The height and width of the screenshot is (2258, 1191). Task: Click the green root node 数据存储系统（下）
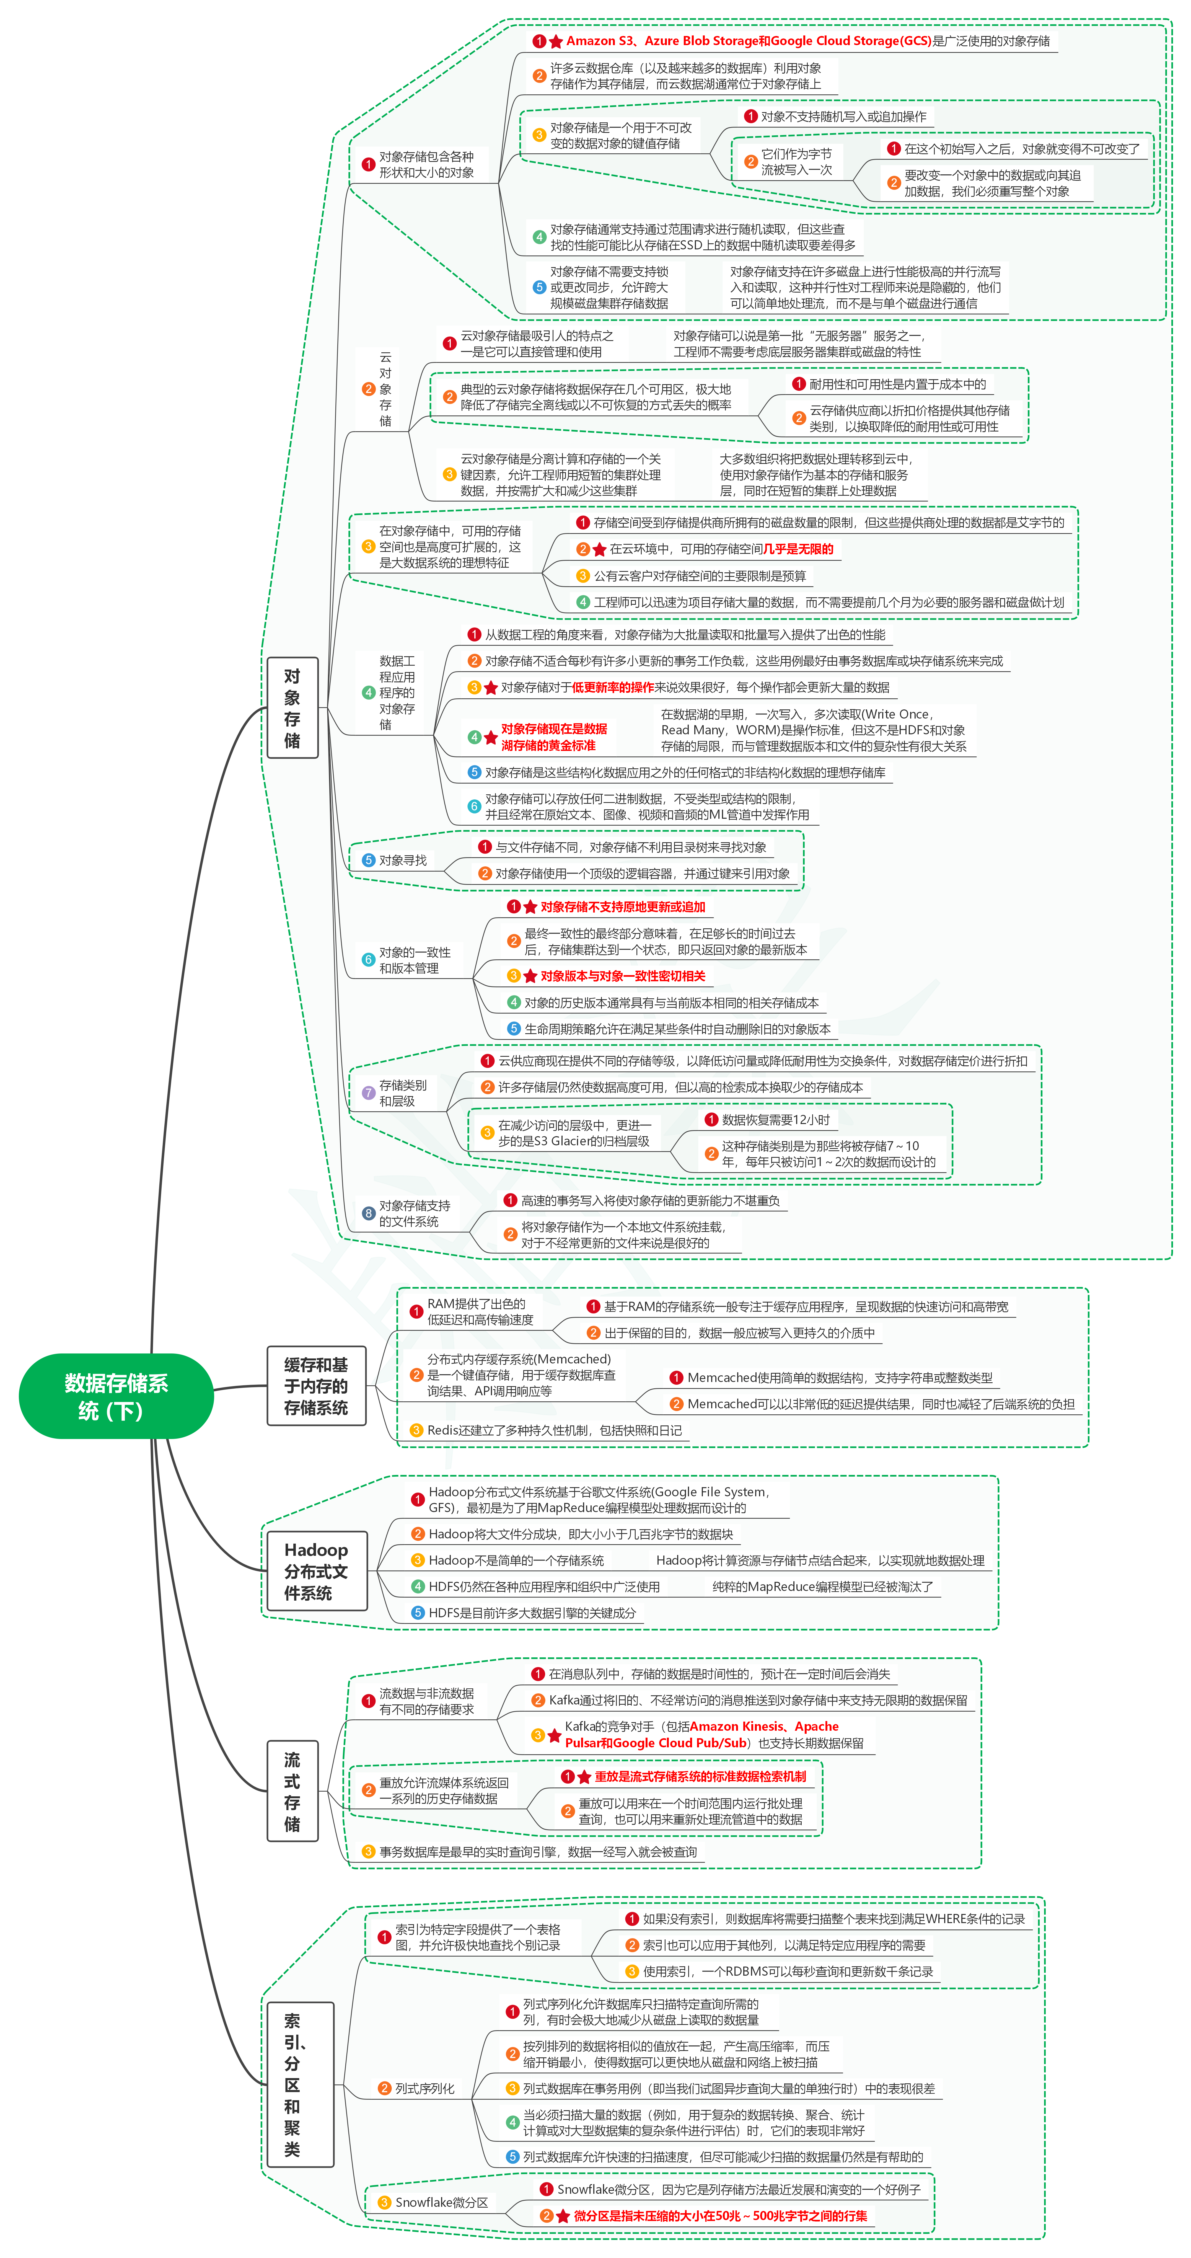[116, 1396]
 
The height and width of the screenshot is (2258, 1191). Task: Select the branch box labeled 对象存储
[292, 707]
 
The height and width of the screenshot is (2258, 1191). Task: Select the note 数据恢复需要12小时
[776, 1119]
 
